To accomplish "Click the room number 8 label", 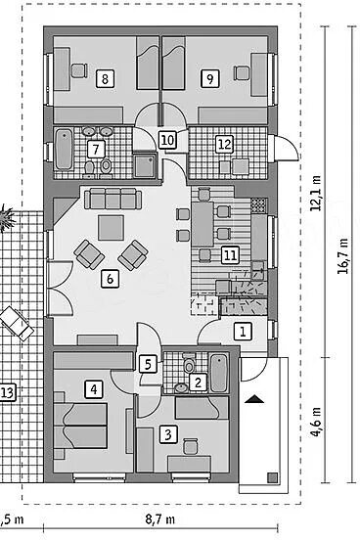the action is [105, 79].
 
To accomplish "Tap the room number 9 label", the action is [209, 79].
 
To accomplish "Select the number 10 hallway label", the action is [167, 140].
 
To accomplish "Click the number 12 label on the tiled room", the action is [225, 144].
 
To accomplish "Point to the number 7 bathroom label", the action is [96, 149].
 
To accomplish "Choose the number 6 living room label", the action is [110, 279].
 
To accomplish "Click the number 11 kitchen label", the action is [230, 255].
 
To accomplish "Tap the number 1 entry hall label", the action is [244, 332].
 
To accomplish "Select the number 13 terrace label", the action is [7, 392].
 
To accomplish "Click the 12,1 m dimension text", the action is [317, 193].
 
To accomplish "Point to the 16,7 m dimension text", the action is [343, 256].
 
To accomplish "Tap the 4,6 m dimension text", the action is [317, 422].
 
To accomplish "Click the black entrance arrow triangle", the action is [254, 399].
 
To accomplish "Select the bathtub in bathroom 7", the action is [65, 149].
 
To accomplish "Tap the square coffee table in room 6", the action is [111, 228].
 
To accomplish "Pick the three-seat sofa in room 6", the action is [113, 199].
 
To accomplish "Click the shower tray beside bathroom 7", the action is [145, 166].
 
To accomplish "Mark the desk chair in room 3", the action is [190, 446].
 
